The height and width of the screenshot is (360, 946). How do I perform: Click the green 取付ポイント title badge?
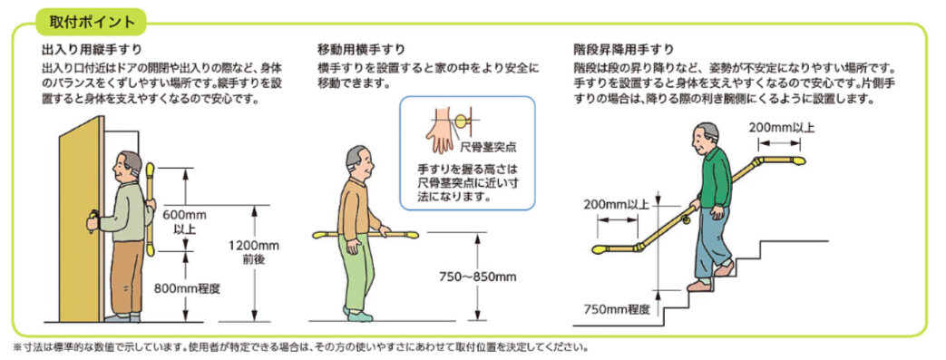point(91,23)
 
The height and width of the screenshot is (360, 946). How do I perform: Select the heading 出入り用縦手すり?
point(92,48)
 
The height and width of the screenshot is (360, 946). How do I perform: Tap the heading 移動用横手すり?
point(361,48)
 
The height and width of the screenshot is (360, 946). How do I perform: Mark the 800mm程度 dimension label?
point(187,288)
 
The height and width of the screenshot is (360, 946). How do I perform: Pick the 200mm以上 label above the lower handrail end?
point(616,204)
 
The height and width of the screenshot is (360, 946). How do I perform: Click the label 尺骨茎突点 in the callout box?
point(482,146)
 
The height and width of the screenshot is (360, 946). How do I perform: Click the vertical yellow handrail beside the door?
point(150,209)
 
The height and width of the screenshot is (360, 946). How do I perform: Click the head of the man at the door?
point(128,166)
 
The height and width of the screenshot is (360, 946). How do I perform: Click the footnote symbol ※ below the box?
point(16,347)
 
